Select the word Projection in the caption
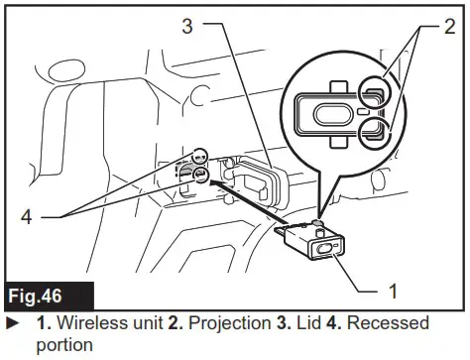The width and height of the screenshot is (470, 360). tap(216, 323)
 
